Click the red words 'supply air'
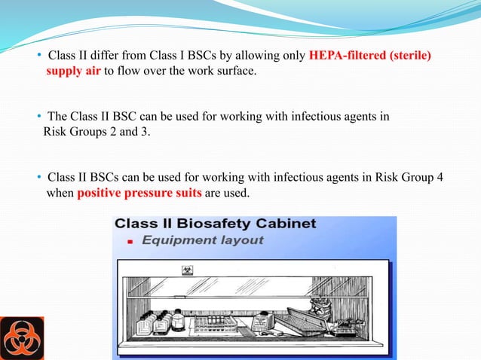pos(73,72)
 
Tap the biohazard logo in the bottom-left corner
pos(22,337)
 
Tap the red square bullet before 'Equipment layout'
pos(130,242)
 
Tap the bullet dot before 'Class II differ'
pos(39,57)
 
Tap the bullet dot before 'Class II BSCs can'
pos(39,178)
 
